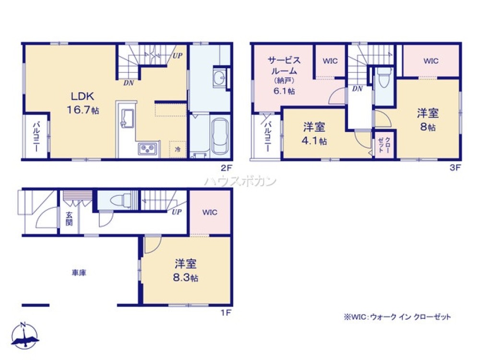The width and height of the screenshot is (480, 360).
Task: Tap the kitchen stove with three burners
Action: [147, 149]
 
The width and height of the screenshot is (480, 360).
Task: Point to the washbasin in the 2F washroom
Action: [220, 77]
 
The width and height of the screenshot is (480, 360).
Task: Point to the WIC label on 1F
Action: [210, 212]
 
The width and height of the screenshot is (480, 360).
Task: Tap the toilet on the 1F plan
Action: [118, 199]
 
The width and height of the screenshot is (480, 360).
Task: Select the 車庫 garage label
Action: [79, 272]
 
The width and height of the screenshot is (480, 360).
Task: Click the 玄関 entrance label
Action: [69, 219]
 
